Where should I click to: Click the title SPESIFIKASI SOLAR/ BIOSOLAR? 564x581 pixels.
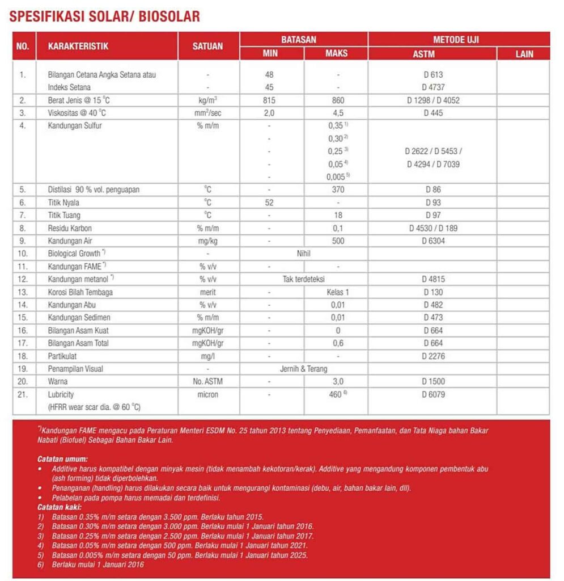104,16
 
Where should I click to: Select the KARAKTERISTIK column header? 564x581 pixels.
78,47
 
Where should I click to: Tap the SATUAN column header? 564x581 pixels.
208,47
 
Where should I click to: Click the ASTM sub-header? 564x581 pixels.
432,54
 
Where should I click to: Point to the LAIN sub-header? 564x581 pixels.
524,54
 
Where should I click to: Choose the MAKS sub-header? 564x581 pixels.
337,54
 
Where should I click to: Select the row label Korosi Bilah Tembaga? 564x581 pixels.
80,292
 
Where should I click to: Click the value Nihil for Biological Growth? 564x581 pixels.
304,254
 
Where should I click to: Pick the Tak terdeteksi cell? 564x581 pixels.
304,279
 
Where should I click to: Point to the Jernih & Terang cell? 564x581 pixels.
304,369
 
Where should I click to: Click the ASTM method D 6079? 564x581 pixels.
432,394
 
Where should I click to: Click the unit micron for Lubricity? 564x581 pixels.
208,394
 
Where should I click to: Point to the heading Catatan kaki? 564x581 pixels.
60,507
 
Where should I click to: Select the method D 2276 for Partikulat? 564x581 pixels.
432,356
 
